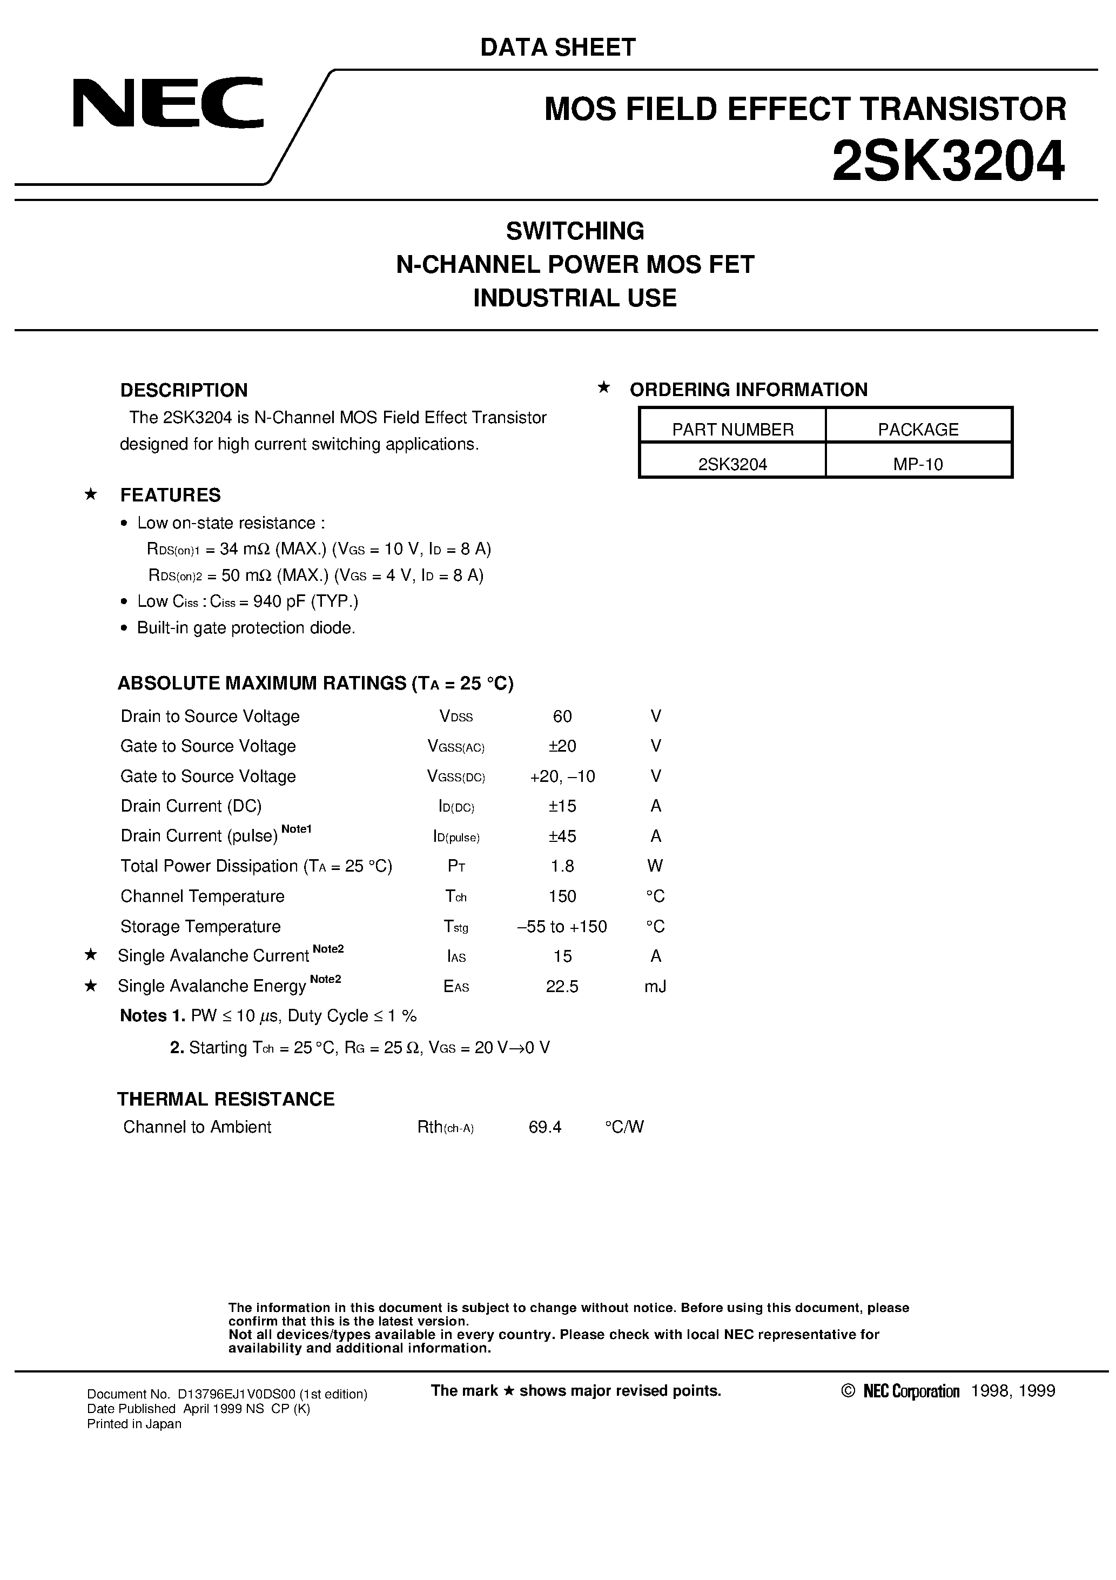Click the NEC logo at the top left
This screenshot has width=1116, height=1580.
(168, 103)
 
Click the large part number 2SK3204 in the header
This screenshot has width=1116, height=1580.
(948, 161)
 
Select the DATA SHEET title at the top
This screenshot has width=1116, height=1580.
(557, 48)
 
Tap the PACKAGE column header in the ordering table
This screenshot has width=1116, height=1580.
(918, 430)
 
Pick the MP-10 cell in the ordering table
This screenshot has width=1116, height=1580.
(918, 464)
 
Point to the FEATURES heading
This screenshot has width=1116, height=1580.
(170, 495)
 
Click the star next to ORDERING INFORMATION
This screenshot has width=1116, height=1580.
(603, 387)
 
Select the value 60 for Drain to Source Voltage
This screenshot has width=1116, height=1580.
(562, 717)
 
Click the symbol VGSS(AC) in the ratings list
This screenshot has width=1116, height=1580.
(456, 747)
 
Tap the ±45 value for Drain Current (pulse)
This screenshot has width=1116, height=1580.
(562, 836)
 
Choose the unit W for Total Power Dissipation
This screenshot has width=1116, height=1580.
(655, 866)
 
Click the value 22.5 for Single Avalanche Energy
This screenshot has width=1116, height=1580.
(562, 986)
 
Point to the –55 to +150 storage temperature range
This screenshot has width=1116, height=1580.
(562, 926)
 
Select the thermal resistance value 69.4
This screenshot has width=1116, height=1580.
(545, 1127)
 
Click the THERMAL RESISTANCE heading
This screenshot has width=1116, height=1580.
(226, 1099)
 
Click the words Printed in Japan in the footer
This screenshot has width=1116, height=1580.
(134, 1424)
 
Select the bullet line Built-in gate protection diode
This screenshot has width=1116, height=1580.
(246, 627)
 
